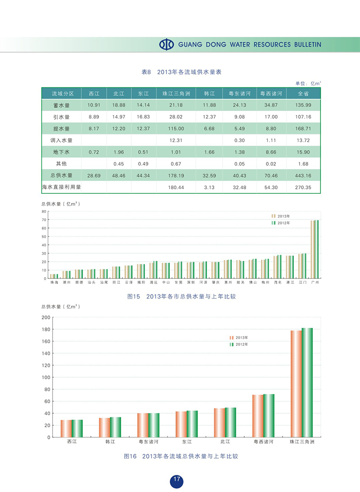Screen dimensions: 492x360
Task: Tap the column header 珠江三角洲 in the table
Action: point(176,94)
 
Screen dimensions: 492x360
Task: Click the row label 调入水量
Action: point(61,140)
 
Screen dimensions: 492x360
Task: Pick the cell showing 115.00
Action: point(176,129)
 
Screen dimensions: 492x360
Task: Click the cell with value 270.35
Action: point(304,187)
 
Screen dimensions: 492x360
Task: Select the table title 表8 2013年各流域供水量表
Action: point(183,72)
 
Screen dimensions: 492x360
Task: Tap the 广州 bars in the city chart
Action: point(315,249)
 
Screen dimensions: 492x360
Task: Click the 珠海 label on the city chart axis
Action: point(54,282)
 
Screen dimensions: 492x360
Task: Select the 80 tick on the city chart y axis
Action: point(44,211)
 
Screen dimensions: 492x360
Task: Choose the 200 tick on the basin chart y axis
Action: point(45,317)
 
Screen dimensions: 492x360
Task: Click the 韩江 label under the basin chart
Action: point(110,442)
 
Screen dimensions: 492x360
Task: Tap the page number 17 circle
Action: point(177,480)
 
